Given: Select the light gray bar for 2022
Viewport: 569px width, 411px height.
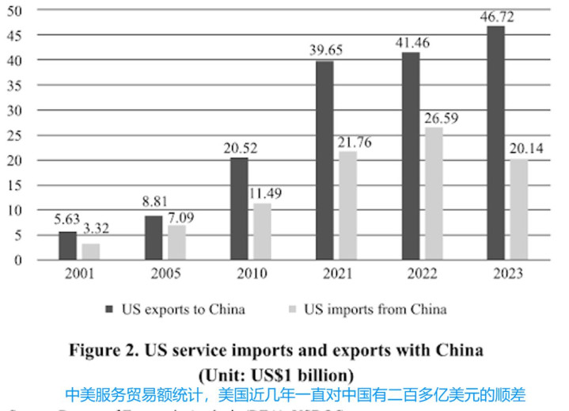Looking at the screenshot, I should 434,193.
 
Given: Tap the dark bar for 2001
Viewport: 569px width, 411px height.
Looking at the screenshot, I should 68,245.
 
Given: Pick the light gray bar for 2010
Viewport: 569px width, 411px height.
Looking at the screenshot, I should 262,231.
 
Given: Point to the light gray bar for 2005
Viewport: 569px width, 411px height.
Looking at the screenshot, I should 176,242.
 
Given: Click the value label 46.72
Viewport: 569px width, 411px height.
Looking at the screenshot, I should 498,16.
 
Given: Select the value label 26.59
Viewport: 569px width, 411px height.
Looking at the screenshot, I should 440,118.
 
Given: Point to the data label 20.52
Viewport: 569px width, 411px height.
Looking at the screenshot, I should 239,148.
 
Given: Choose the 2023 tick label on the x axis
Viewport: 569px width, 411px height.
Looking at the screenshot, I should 508,275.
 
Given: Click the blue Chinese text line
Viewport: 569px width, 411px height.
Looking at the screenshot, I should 295,394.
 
